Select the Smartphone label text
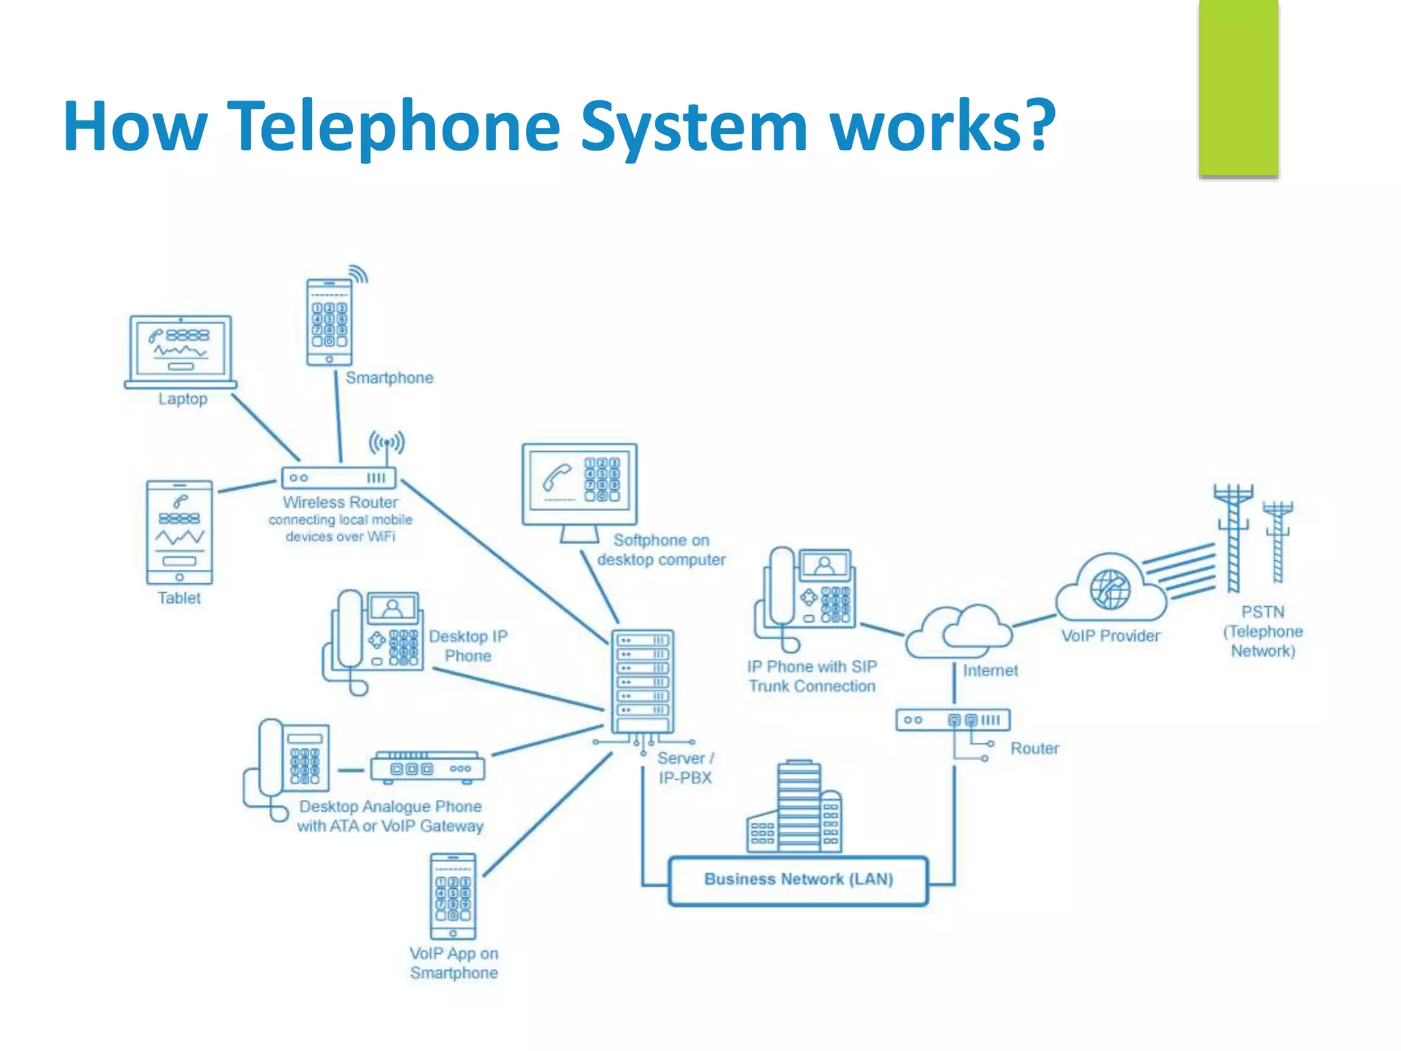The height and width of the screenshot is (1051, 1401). point(389,378)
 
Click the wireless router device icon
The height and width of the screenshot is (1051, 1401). point(339,477)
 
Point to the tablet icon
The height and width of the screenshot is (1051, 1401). point(179,532)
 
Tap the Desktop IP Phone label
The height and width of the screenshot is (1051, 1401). point(468,646)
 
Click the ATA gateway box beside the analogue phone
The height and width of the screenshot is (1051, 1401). point(428,767)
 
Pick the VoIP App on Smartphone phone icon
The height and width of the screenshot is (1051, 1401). point(453,896)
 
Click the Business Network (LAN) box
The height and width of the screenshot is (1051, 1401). point(798,880)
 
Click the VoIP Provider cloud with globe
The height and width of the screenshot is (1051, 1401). point(1110,588)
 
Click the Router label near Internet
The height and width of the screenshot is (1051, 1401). point(1034,749)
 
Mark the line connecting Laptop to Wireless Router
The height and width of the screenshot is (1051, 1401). point(265,427)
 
